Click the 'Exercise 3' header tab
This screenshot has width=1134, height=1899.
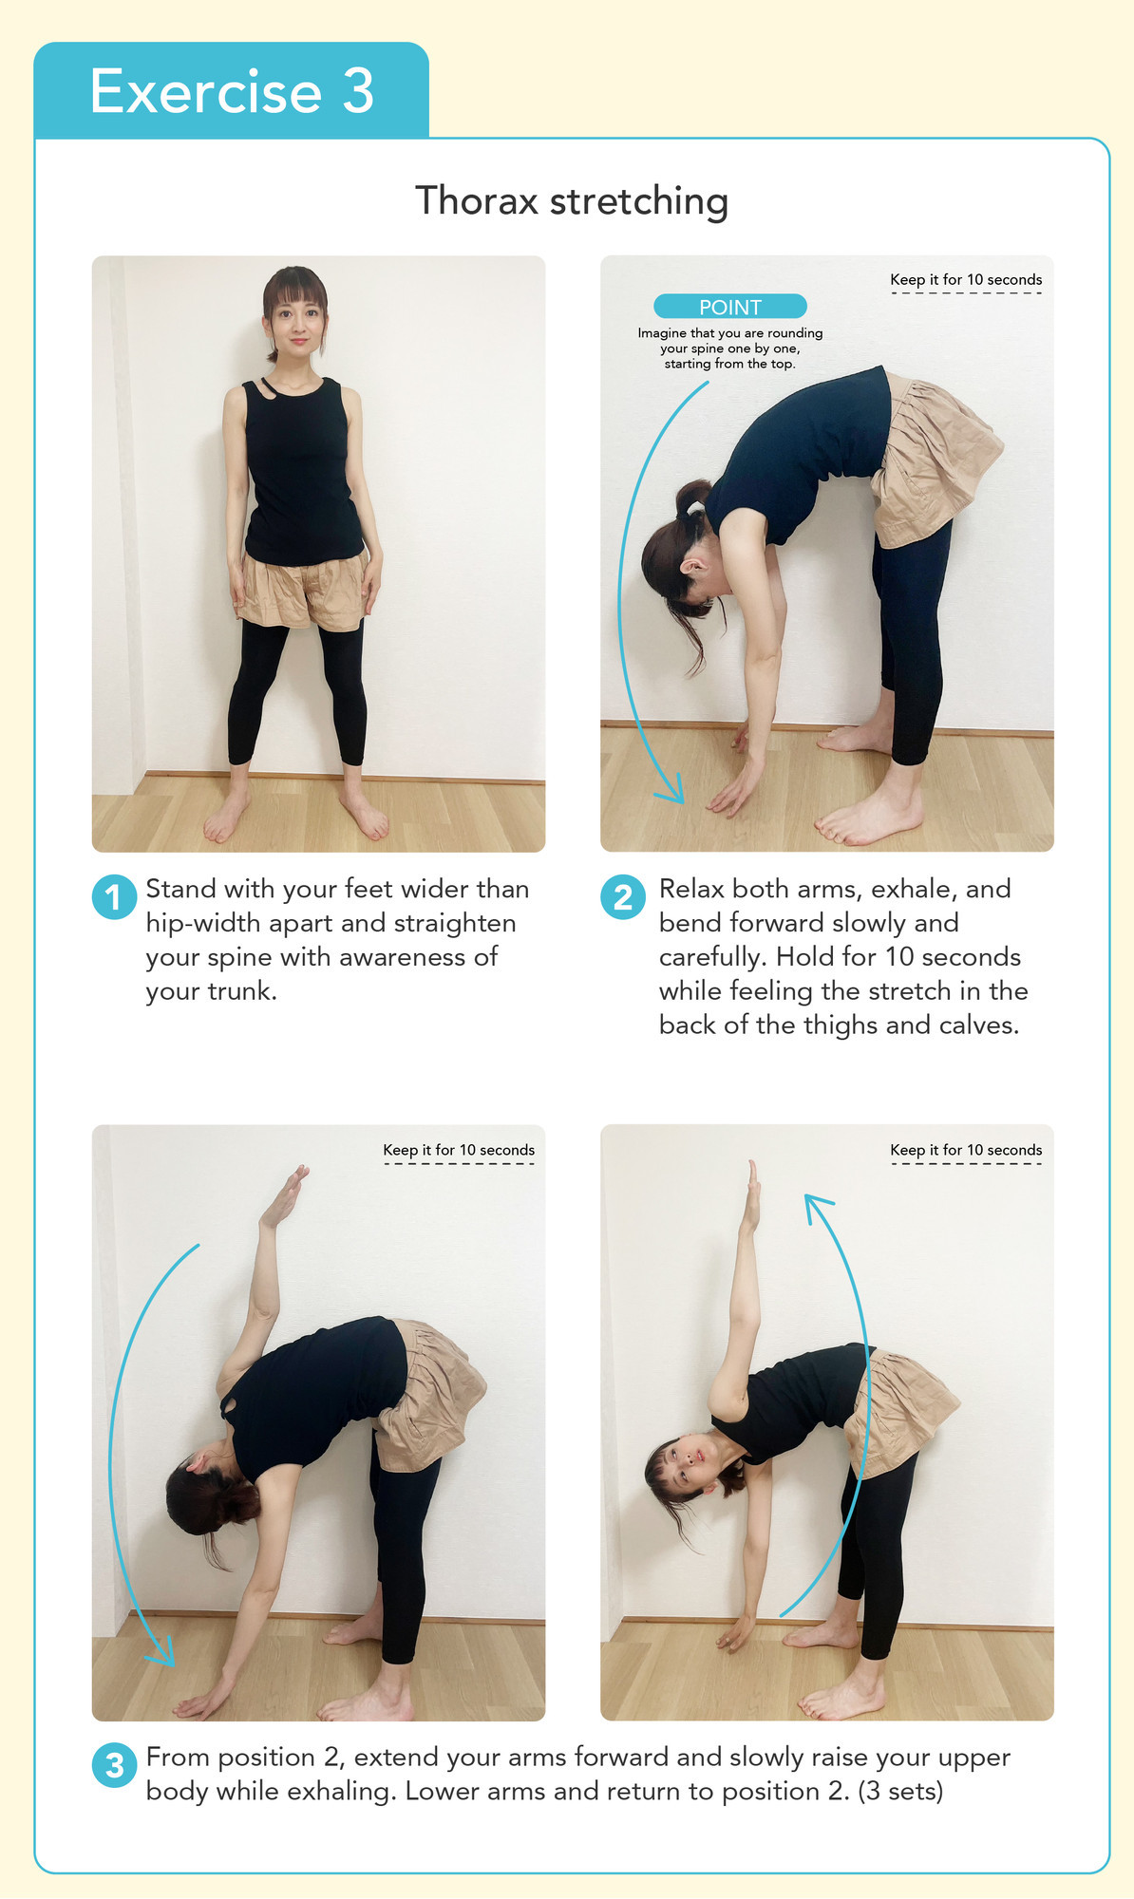(x=231, y=90)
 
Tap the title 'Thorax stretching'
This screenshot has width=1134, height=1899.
(x=572, y=201)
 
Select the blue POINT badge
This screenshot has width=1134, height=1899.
(x=729, y=307)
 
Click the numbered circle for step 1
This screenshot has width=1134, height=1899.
(x=114, y=897)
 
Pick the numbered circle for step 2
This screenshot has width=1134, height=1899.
(x=623, y=897)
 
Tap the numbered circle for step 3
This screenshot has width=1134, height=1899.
(x=114, y=1765)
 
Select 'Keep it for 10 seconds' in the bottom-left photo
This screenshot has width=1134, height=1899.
(x=459, y=1150)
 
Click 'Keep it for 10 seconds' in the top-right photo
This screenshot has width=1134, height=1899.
(x=966, y=280)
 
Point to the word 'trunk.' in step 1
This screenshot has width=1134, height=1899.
(x=241, y=991)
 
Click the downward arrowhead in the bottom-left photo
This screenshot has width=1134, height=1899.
(x=161, y=1651)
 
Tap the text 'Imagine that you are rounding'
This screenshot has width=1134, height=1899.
(x=730, y=333)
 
